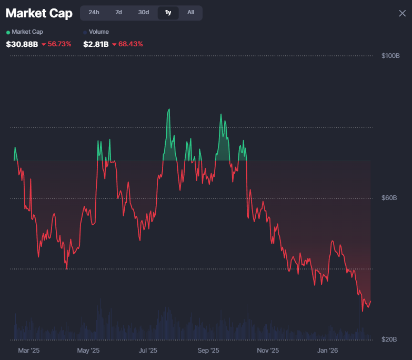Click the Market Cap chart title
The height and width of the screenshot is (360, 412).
click(39, 13)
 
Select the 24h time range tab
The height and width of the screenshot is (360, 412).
click(94, 12)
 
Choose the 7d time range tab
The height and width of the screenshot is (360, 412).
click(118, 12)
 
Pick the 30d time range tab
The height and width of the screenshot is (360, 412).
click(144, 12)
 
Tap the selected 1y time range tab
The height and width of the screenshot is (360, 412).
click(168, 12)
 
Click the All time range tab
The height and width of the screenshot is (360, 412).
click(190, 12)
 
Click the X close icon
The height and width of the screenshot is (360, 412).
click(402, 13)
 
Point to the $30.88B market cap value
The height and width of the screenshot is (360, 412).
click(22, 44)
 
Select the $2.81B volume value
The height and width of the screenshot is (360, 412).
click(96, 44)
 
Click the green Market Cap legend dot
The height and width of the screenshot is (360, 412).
click(8, 32)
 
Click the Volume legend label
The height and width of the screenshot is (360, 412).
click(98, 32)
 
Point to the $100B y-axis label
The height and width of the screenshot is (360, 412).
click(390, 56)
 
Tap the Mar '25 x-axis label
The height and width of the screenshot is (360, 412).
click(28, 350)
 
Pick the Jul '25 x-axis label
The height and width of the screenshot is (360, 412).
click(148, 350)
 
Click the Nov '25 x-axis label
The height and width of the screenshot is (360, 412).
click(268, 350)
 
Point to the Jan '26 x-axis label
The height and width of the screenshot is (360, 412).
click(328, 350)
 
